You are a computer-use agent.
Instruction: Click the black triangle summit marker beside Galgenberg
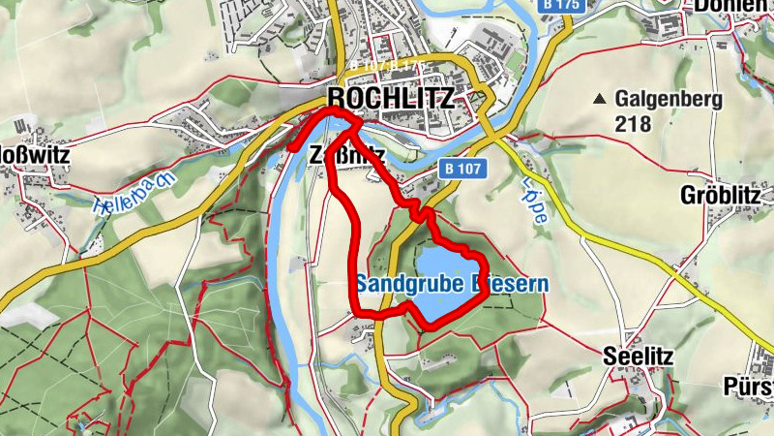601,99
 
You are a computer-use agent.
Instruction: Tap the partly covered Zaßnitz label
346,153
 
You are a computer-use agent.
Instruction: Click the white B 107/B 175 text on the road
387,65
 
